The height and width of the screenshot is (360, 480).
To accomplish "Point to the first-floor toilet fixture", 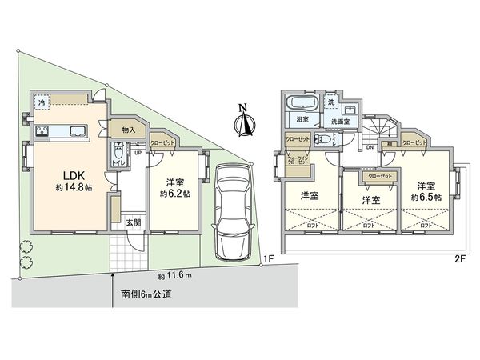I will (118, 151).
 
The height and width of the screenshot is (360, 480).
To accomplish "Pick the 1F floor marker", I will (270, 258).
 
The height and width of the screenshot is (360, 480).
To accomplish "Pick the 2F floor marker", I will (459, 258).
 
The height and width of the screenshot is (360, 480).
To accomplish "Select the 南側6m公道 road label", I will (146, 294).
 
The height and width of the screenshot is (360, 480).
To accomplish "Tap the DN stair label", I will (370, 147).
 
